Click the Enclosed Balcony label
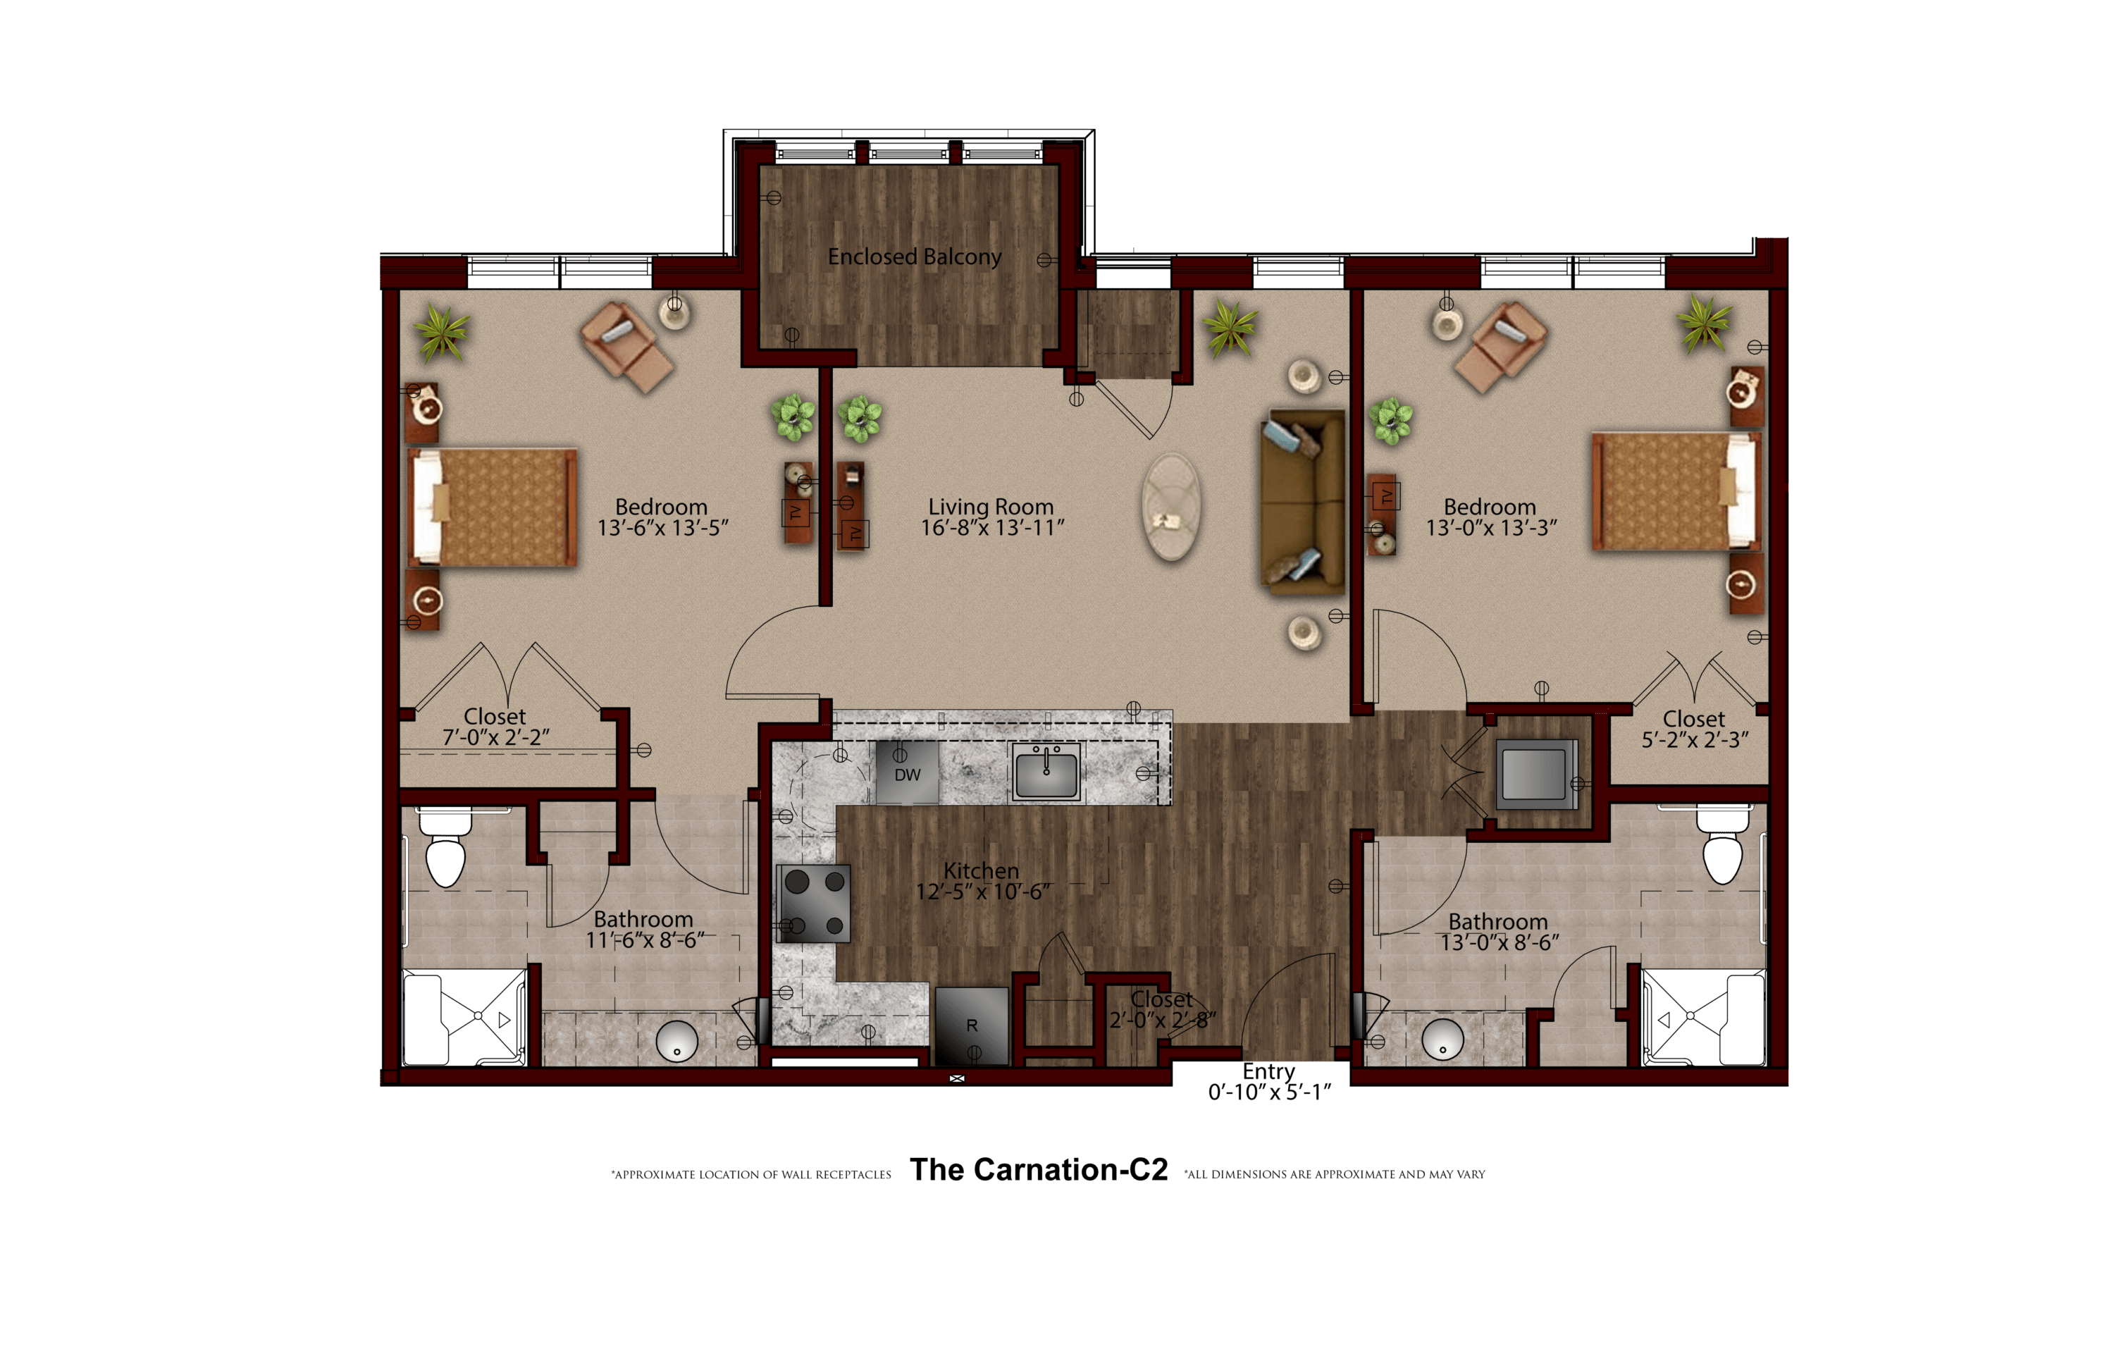tap(914, 257)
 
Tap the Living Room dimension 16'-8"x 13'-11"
tap(992, 528)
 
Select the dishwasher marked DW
tap(907, 772)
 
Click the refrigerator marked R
tap(972, 1026)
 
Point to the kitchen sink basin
tap(1046, 772)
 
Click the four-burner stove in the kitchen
tap(815, 904)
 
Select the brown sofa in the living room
tap(1303, 502)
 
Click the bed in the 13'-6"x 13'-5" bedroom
tap(492, 507)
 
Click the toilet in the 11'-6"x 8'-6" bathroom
tap(445, 847)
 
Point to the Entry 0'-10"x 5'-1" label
tap(1269, 1082)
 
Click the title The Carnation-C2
tap(1039, 1170)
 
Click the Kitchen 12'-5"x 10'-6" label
tap(982, 881)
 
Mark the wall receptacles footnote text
tap(750, 1174)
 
